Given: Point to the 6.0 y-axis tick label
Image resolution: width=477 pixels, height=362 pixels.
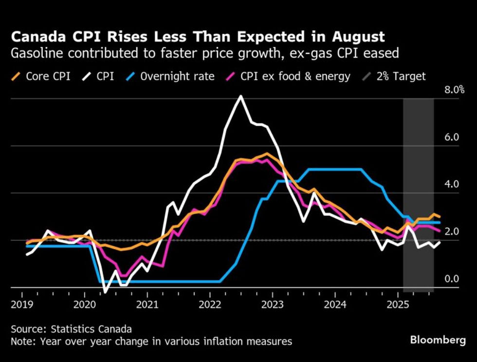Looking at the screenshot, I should click(452, 137).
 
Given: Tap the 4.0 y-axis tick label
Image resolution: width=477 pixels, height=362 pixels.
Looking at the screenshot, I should click(452, 184).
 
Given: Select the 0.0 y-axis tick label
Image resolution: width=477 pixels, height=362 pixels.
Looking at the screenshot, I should click(452, 279).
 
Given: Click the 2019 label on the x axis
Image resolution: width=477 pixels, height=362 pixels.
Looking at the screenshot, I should click(22, 305).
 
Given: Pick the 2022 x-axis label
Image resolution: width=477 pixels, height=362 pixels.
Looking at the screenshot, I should click(210, 305).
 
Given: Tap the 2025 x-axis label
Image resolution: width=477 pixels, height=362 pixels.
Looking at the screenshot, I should click(398, 305).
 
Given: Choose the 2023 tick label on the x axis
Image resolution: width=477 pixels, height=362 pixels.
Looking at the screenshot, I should click(273, 305).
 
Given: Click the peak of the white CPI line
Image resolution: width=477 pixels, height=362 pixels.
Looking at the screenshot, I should click(240, 96).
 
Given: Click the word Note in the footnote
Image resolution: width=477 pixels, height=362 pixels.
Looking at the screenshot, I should click(20, 341).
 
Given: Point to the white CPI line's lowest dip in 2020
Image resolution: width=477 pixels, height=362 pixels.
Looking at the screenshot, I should click(105, 292).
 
